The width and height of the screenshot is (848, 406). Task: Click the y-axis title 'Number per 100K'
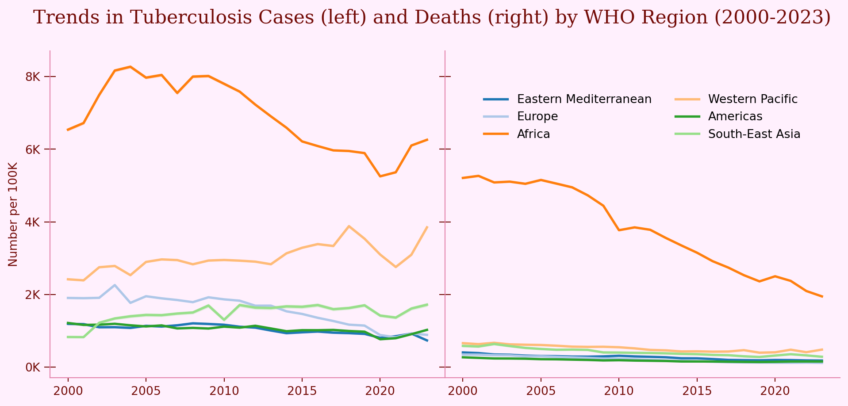pos(13,214)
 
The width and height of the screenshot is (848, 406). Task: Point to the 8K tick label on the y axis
pos(33,77)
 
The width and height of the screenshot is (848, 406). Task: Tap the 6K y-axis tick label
pos(33,149)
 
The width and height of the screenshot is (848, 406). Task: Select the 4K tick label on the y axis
pos(33,222)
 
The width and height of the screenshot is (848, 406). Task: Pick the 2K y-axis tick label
pos(33,295)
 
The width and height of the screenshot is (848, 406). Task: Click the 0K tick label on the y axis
pos(33,367)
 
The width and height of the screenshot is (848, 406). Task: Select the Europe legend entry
pos(537,116)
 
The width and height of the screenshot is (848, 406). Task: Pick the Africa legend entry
pos(533,134)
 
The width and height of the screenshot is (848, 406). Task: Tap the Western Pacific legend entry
pos(752,99)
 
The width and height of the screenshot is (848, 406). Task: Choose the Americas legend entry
pos(735,116)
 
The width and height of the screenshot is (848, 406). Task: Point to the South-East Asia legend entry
pos(754,134)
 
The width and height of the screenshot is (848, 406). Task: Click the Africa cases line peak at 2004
pos(130,67)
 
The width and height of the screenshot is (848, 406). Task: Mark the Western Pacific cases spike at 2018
pos(349,226)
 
